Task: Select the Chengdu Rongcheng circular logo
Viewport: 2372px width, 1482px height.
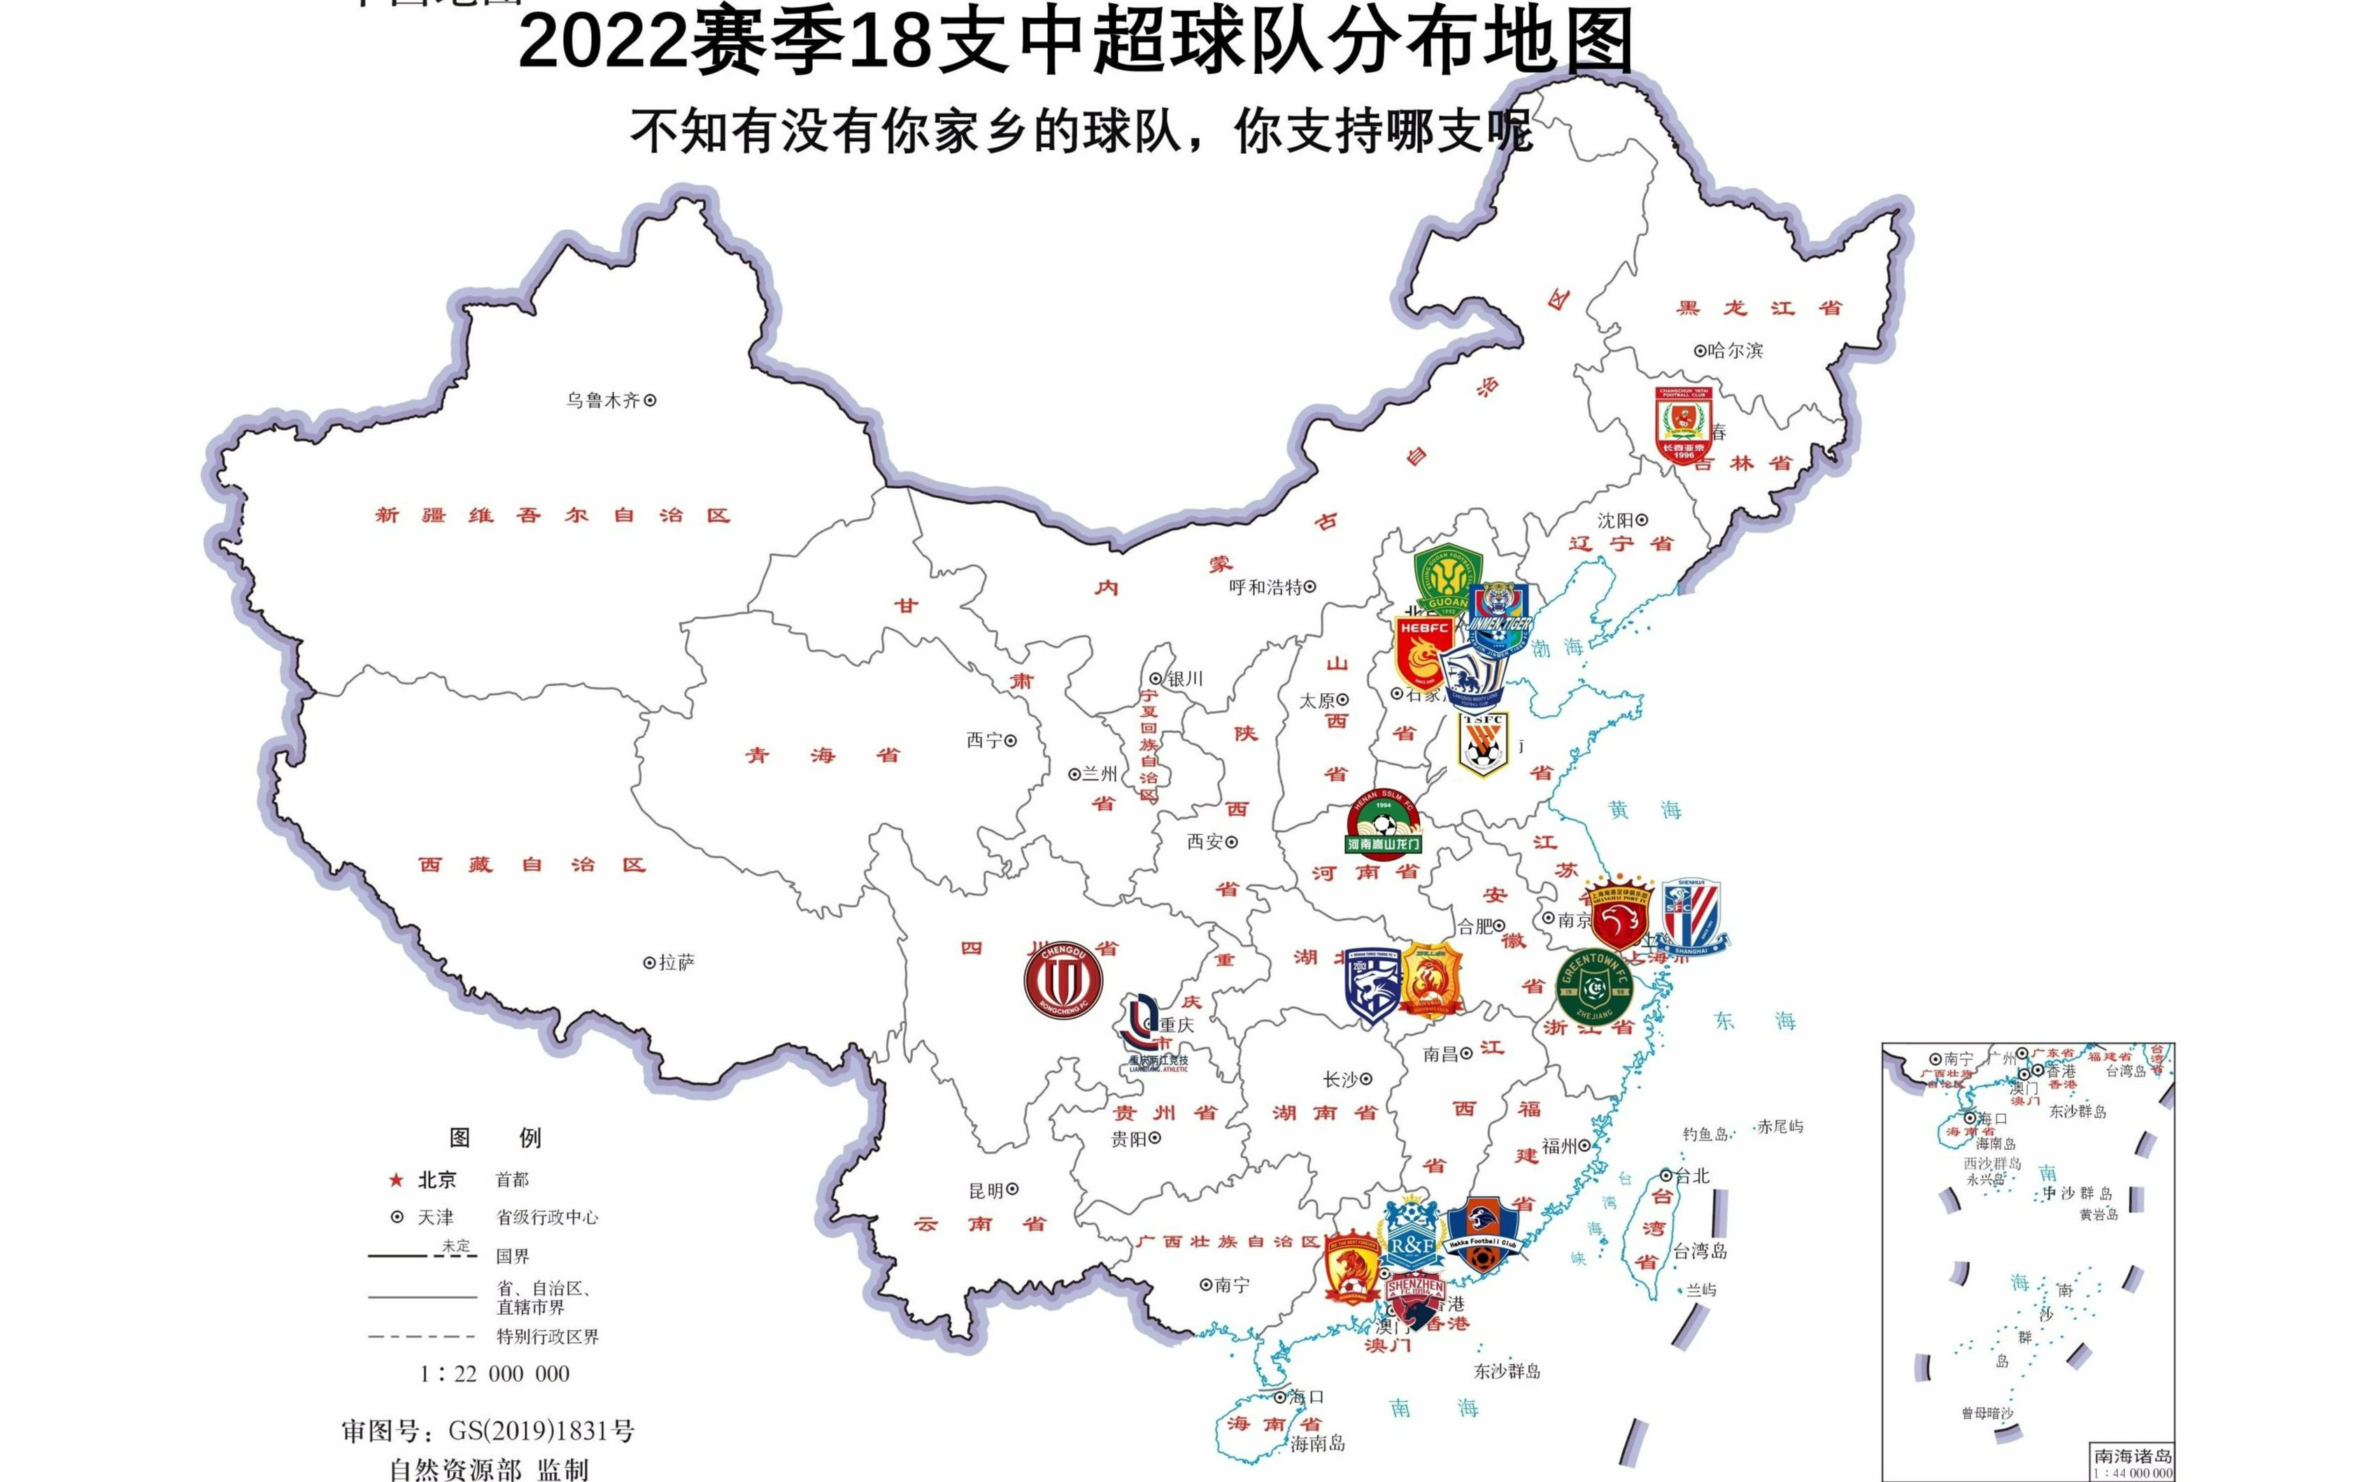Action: tap(1063, 980)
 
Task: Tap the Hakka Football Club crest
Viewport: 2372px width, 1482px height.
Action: tap(1482, 1237)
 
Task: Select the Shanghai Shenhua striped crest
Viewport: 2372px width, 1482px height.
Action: tap(1691, 916)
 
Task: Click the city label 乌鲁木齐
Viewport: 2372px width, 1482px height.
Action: tap(603, 400)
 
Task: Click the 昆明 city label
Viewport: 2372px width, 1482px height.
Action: tap(986, 1190)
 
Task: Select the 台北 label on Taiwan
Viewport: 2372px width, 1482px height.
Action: tap(1691, 1175)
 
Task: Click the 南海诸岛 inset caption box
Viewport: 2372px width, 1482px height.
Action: tap(2133, 1462)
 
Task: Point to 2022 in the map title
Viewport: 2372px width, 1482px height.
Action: tap(603, 44)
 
